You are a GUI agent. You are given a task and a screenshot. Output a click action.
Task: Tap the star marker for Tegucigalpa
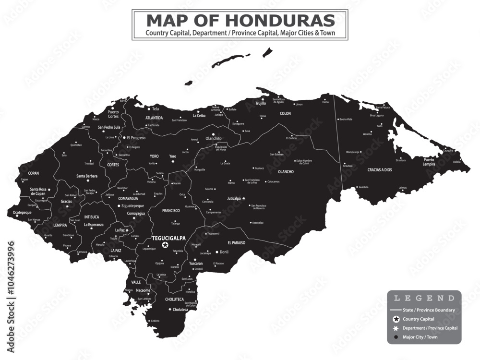[x=165, y=245]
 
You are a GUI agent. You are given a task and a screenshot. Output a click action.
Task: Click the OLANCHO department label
[x=286, y=171]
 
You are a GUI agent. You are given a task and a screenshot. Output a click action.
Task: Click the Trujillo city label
[x=261, y=103]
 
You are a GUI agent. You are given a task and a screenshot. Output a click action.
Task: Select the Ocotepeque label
[x=22, y=212]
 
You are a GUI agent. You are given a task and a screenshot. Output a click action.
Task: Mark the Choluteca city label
[x=180, y=310]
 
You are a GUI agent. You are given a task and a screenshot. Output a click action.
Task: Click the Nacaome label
[x=143, y=290]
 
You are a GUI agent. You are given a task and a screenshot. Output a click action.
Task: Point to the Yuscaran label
[x=195, y=264]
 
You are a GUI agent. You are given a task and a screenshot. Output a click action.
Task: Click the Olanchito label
[x=214, y=138]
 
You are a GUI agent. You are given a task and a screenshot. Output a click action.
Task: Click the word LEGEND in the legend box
[x=424, y=298]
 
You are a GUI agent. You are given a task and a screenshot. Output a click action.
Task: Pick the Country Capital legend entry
[x=419, y=319]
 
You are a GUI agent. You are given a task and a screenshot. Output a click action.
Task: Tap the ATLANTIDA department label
[x=154, y=118]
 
